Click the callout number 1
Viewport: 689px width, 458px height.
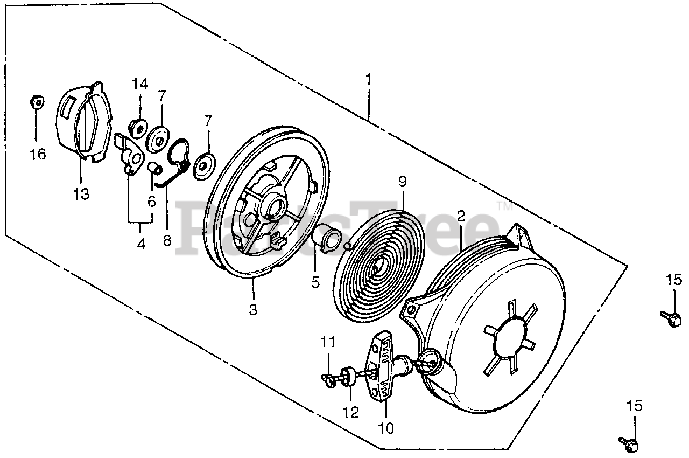[368, 80]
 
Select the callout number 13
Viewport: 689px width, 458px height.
[81, 194]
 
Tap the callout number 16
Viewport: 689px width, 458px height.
[38, 155]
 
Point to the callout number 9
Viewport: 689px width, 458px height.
[403, 182]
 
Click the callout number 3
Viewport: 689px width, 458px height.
[253, 310]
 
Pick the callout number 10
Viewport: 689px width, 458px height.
[386, 428]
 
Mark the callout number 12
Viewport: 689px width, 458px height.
[351, 412]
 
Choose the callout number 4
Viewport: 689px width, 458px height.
[141, 244]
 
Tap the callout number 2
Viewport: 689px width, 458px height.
[461, 217]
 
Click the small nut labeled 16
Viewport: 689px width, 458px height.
[37, 101]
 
